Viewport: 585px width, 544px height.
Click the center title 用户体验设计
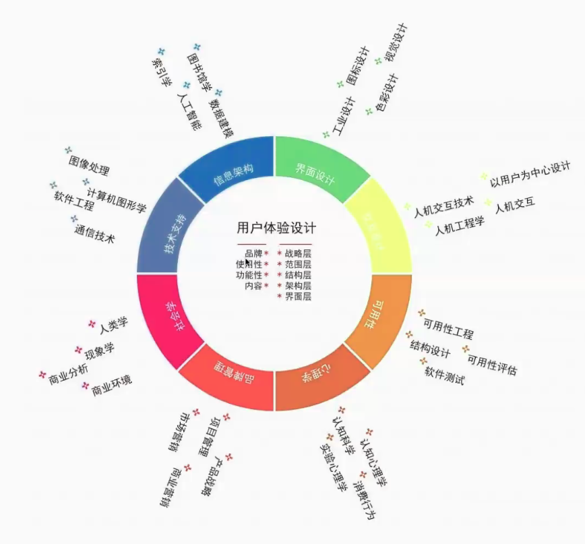[x=276, y=228]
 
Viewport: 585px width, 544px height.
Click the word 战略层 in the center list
[x=298, y=253]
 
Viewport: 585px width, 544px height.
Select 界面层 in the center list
[x=298, y=297]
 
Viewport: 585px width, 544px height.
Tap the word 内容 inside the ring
[x=253, y=286]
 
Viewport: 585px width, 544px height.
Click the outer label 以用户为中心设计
[x=530, y=175]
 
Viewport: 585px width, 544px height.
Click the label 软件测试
[x=444, y=375]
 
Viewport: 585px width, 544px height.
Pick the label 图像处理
[x=89, y=166]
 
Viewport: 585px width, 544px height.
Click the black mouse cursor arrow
[x=249, y=264]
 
